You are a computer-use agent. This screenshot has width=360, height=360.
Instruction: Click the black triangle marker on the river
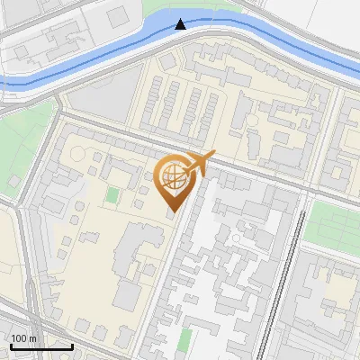click(181, 23)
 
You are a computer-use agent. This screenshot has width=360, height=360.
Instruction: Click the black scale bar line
click(41, 346)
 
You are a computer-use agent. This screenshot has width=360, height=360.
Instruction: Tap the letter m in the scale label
click(33, 338)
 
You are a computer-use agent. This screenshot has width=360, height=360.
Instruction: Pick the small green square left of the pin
click(112, 194)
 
